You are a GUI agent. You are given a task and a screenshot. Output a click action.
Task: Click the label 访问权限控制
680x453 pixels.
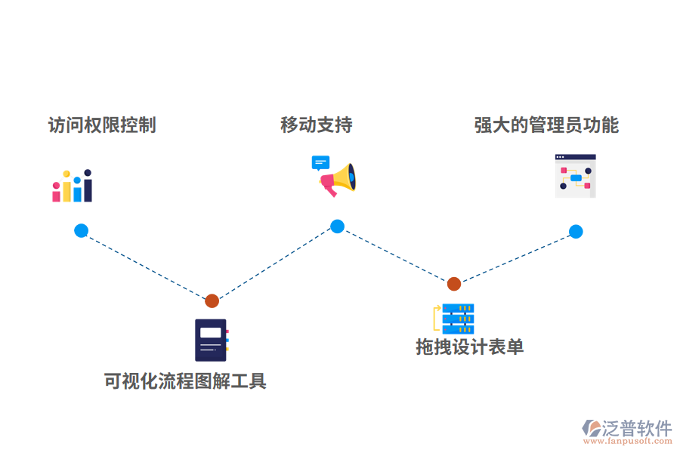pos(102,125)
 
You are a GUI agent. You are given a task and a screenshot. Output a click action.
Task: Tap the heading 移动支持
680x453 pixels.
pos(316,125)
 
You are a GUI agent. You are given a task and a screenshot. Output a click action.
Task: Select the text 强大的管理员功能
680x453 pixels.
pos(546,125)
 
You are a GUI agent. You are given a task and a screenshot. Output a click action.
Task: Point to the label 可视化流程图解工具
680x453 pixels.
pos(185,381)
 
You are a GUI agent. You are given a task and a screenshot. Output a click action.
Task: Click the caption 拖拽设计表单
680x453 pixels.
pos(469,347)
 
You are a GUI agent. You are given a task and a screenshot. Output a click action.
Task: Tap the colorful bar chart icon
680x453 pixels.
pos(72,186)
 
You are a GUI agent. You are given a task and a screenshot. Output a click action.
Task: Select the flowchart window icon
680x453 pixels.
pos(575,176)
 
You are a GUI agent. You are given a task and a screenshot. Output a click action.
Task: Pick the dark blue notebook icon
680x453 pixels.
pos(211,340)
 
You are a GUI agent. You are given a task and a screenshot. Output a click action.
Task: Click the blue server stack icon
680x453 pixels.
pos(458,319)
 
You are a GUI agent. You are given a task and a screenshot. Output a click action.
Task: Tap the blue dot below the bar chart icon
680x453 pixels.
pos(81,231)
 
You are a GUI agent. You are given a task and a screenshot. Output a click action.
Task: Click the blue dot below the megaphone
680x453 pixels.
pos(337,226)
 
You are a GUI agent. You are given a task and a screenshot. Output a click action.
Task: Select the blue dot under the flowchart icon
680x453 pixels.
pos(576,232)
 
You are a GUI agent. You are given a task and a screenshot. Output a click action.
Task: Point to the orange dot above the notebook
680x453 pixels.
pos(212,300)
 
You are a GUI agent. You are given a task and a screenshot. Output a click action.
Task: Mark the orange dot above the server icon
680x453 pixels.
pos(453,284)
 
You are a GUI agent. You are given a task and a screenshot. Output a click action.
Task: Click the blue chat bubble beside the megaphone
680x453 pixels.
pos(320,162)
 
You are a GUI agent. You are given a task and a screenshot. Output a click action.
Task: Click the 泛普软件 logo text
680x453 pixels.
pos(636,428)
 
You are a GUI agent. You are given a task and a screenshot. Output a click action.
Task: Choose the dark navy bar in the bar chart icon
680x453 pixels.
pos(88,186)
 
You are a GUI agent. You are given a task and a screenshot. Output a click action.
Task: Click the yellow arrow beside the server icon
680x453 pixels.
pos(436,318)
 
